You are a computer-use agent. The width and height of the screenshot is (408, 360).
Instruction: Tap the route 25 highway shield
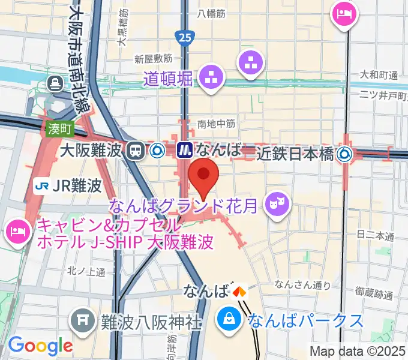pyautogui.click(x=184, y=38)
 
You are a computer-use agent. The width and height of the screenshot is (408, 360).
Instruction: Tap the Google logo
pyautogui.click(x=40, y=345)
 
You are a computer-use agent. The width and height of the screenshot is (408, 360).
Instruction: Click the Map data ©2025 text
pyautogui.click(x=358, y=350)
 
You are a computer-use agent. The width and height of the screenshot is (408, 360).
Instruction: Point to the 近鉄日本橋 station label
pyautogui.click(x=295, y=154)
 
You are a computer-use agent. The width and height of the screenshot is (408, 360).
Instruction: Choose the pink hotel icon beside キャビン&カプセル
pyautogui.click(x=18, y=231)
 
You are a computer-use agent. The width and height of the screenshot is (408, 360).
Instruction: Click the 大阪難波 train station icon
pyautogui.click(x=136, y=150)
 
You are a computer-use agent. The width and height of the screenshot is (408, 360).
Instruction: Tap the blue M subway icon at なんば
pyautogui.click(x=184, y=150)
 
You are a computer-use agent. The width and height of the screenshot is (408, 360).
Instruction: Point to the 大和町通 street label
pyautogui.click(x=379, y=75)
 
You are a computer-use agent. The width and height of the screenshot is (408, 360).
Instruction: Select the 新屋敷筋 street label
pyautogui.click(x=154, y=59)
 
